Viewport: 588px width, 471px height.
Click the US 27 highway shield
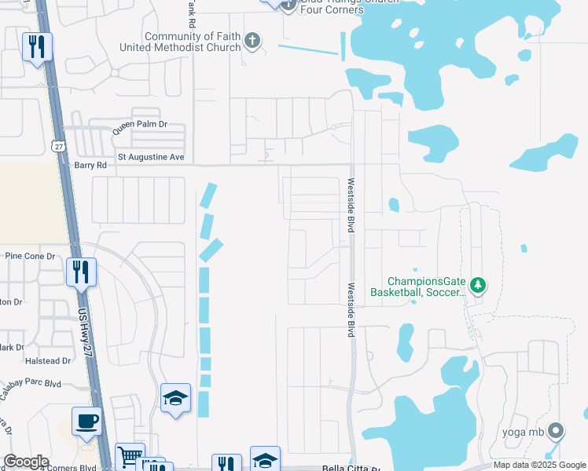57,146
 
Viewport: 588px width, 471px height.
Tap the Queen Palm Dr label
140,125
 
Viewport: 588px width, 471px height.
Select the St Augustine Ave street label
150,158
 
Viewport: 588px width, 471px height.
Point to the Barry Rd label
90,166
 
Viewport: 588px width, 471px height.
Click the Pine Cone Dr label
29,256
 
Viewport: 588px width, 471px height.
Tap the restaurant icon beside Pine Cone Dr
81,272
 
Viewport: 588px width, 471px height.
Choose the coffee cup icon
86,421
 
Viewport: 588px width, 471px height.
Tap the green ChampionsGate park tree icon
477,285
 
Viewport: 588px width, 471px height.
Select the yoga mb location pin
556,430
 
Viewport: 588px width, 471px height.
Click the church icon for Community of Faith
252,41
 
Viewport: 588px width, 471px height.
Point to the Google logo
26,462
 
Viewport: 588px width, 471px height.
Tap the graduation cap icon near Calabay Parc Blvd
175,398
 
